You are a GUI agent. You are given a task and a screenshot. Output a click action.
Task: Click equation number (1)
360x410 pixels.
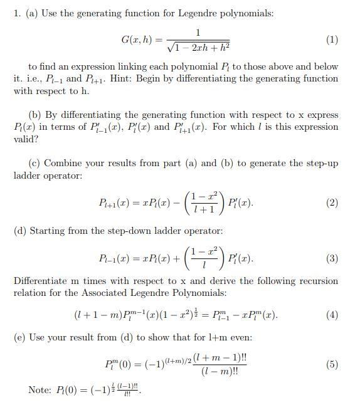point(332,40)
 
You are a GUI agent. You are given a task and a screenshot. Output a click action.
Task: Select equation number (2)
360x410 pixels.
point(332,202)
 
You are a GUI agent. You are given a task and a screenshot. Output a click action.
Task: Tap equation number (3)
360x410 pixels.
point(332,258)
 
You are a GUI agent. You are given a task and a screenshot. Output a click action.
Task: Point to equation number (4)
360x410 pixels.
point(332,315)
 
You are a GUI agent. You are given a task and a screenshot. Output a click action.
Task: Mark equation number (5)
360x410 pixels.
point(332,364)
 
